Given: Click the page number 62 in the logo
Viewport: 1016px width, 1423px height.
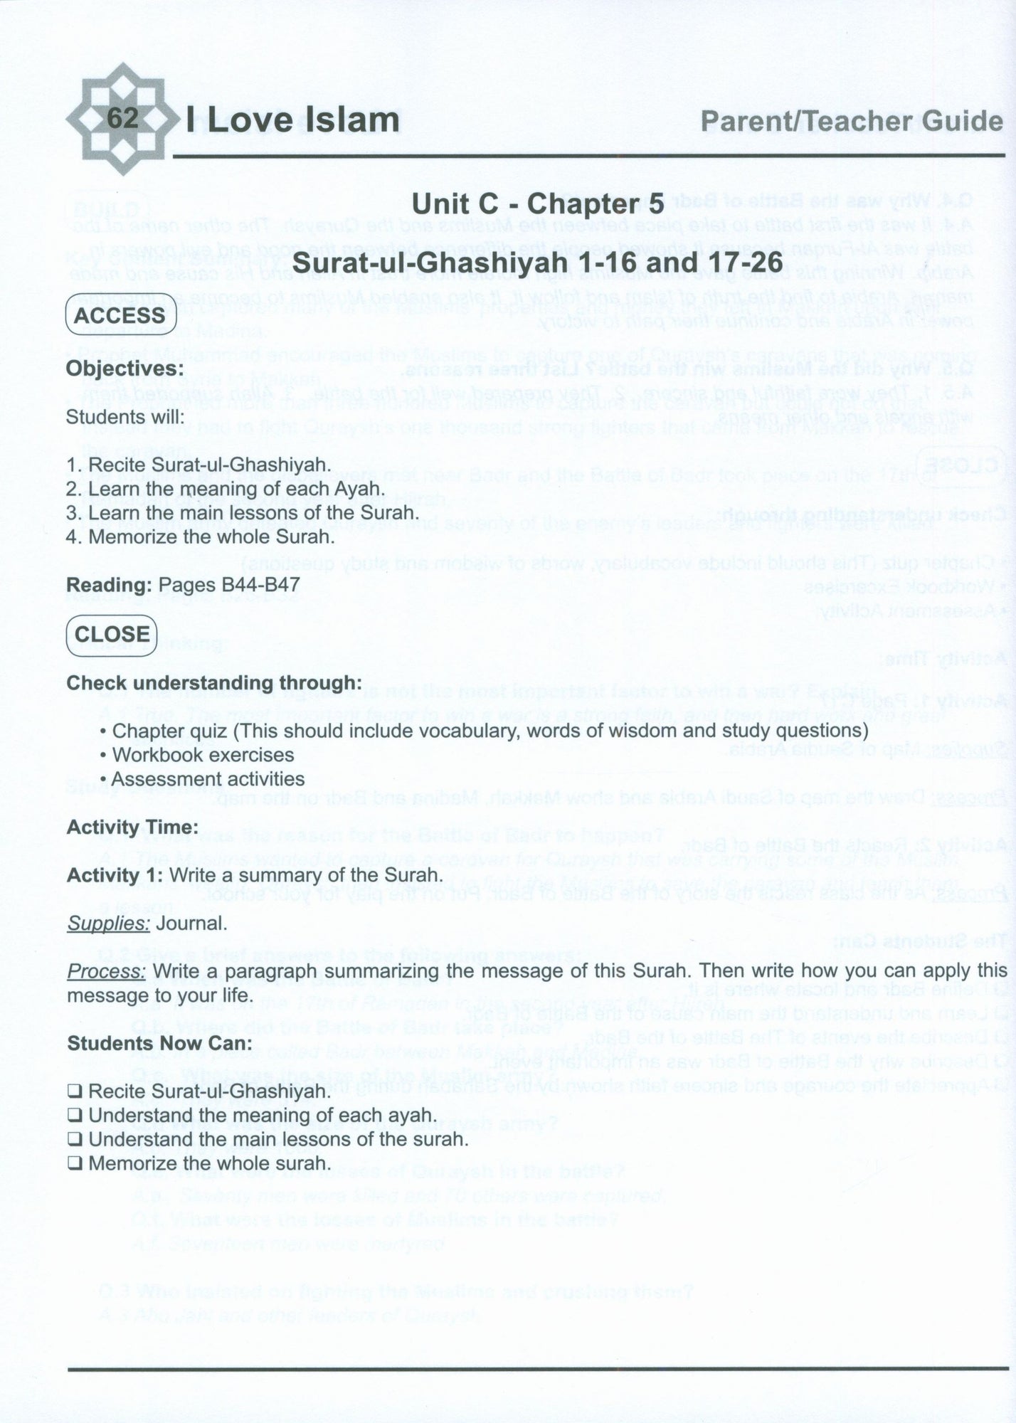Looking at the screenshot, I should pyautogui.click(x=122, y=118).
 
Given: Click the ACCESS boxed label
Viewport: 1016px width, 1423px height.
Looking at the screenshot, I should pyautogui.click(x=120, y=315).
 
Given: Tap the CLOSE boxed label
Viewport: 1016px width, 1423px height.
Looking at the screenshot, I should pyautogui.click(x=112, y=634).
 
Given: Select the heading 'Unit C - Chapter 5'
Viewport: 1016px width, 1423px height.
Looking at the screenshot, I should pyautogui.click(x=537, y=204).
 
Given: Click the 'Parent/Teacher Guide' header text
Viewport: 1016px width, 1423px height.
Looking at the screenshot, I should pyautogui.click(x=851, y=122).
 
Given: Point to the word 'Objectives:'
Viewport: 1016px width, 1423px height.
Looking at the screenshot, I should pyautogui.click(x=125, y=369).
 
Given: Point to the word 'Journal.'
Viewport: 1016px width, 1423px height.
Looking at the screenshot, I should pyautogui.click(x=191, y=924).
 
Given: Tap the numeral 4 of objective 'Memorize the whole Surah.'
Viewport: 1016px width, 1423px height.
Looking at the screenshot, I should pyautogui.click(x=71, y=536).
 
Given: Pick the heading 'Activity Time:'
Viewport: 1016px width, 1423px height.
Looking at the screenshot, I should pyautogui.click(x=132, y=827).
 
